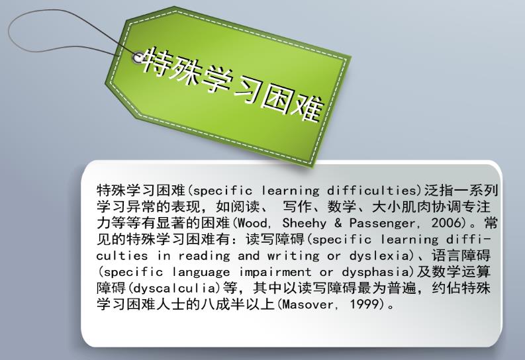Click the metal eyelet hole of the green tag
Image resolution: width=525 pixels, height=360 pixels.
138,58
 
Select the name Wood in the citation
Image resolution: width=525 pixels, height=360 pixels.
254,222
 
